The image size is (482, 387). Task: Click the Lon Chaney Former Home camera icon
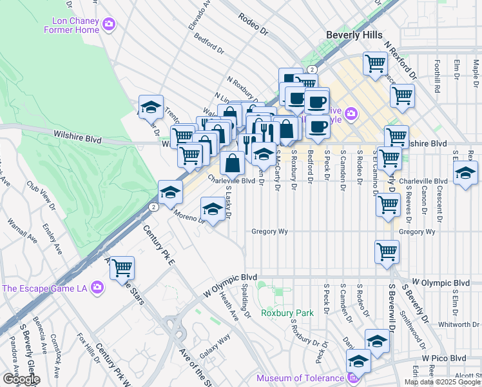point(109,25)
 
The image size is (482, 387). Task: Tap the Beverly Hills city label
point(354,35)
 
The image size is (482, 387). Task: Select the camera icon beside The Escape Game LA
point(97,287)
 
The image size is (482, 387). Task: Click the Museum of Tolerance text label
point(301,378)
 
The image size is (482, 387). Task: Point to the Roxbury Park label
point(287,313)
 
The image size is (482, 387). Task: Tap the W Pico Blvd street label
point(444,357)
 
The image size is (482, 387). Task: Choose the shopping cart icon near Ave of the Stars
point(122,268)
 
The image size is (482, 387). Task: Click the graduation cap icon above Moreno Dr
point(213,208)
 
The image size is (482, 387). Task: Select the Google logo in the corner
point(21,379)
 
